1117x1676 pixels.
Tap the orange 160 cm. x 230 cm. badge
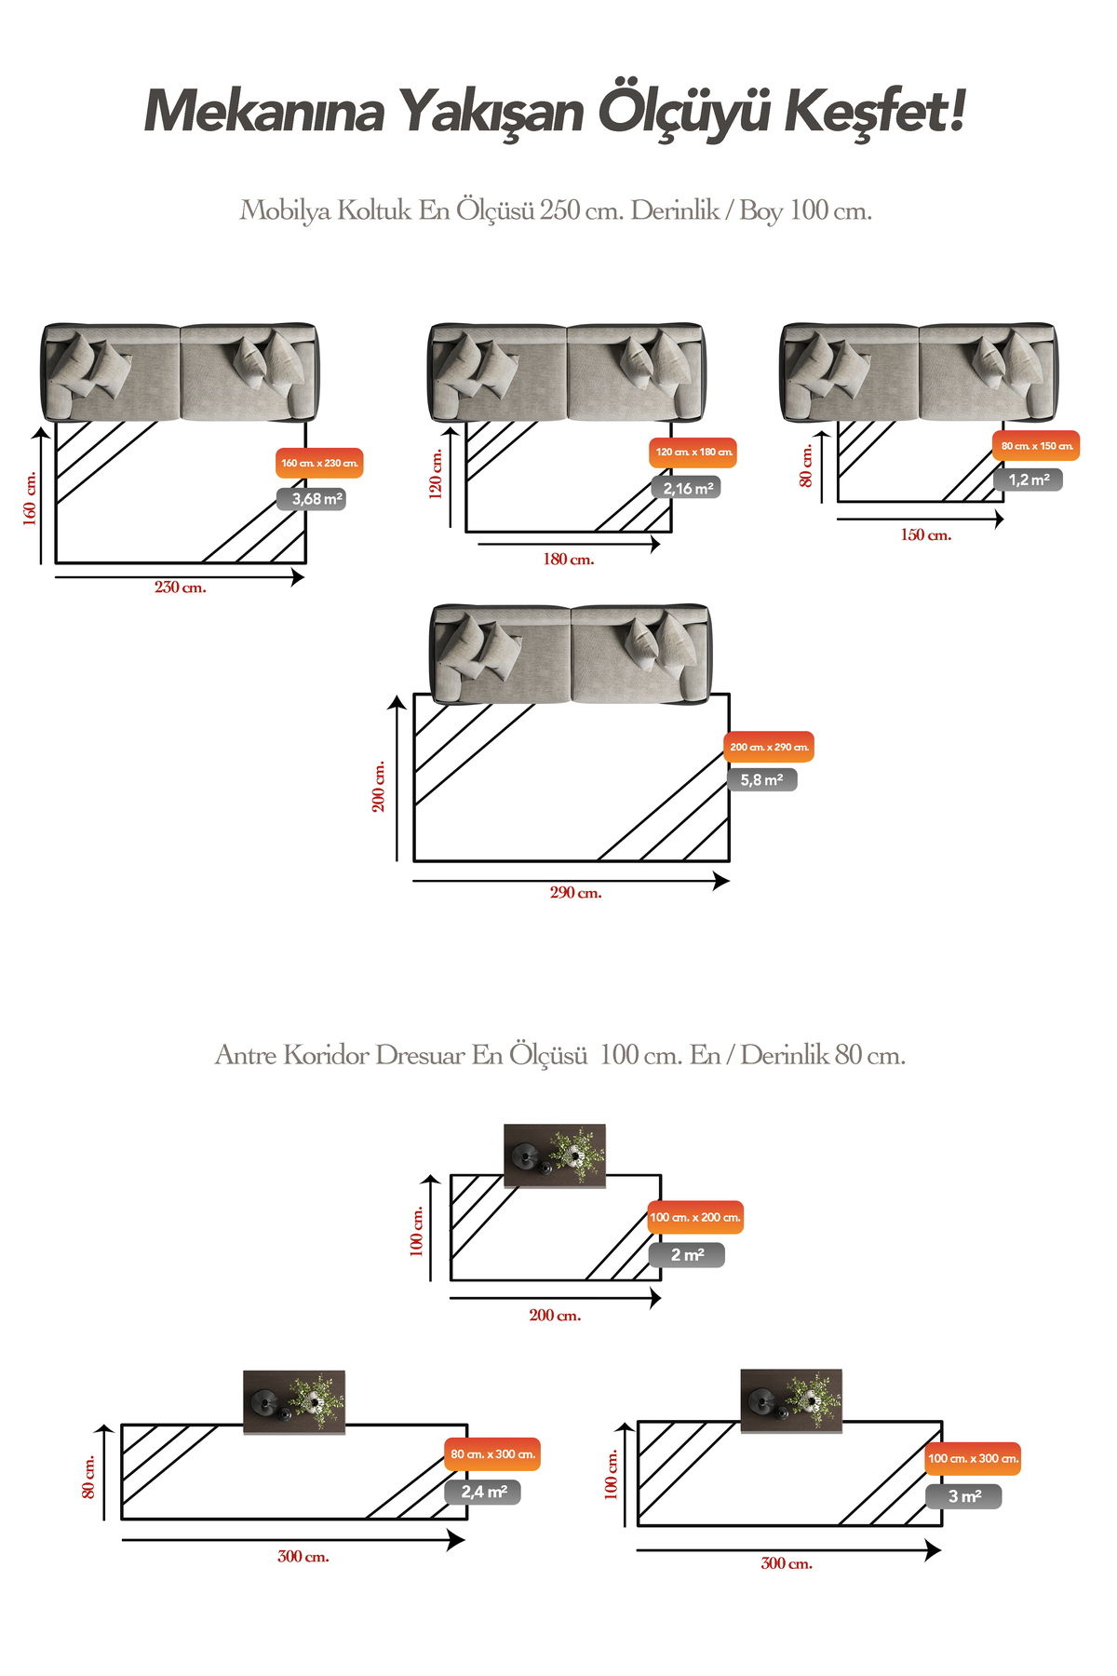coord(319,463)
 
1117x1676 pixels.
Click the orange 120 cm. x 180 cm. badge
coord(693,453)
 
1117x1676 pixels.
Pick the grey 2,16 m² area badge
coord(687,488)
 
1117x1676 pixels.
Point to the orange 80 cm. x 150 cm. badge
coord(1036,446)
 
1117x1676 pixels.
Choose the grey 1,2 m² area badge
coord(1028,480)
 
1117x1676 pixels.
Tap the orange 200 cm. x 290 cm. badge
coord(769,747)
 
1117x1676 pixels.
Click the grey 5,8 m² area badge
coord(761,780)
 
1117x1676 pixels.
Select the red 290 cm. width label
coord(575,893)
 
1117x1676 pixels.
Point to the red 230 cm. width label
coord(181,588)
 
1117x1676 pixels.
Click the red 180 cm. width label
coord(568,560)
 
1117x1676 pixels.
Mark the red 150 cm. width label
coord(925,535)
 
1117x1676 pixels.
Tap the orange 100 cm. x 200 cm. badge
coord(695,1217)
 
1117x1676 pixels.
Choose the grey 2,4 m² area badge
coord(483,1492)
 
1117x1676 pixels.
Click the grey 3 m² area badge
coord(963,1496)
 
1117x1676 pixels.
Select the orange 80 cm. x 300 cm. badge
coord(492,1454)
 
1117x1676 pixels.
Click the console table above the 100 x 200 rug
coord(555,1156)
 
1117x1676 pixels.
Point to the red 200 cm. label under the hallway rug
coord(555,1316)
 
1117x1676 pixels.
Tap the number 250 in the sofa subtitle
coord(559,210)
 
